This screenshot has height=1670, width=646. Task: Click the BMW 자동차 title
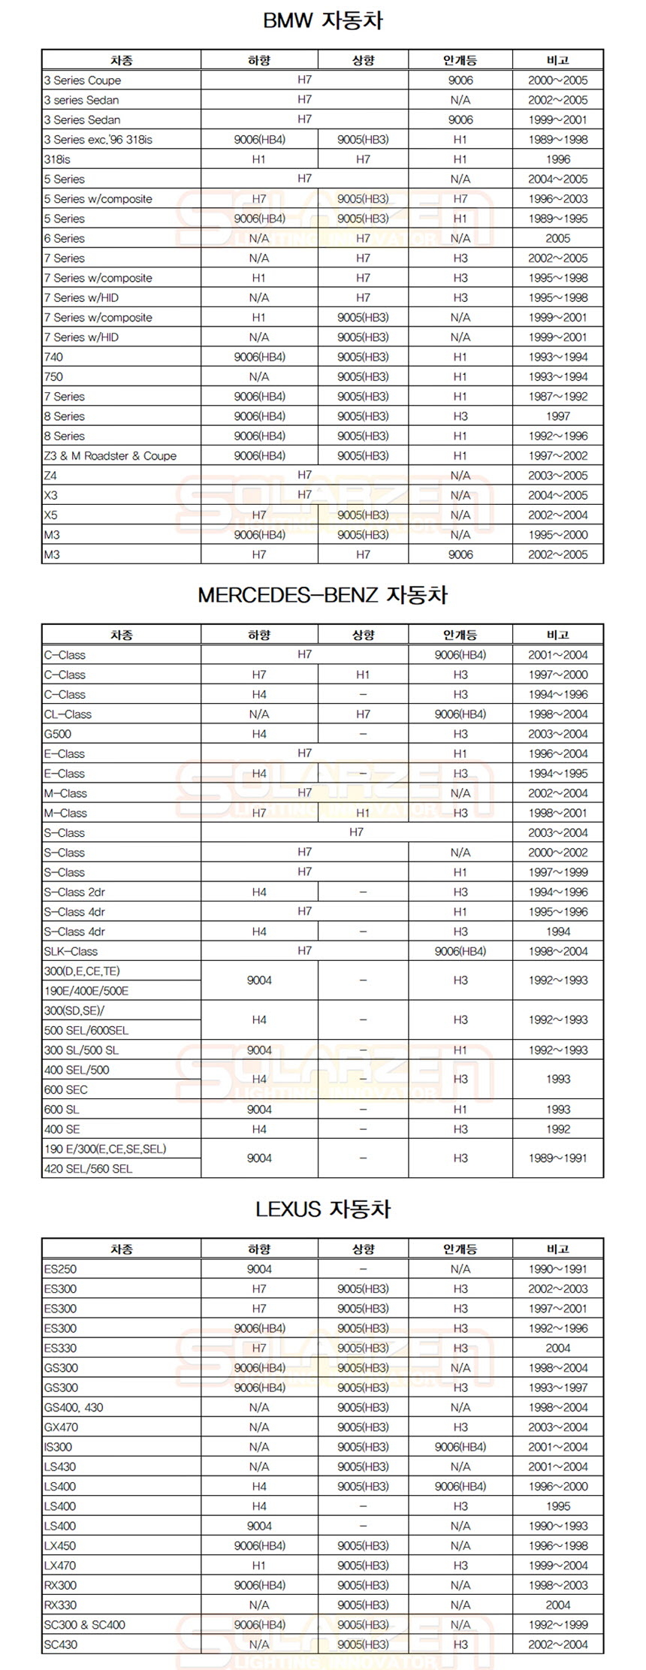pyautogui.click(x=323, y=21)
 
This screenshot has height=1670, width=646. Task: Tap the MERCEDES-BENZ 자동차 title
pyautogui.click(x=323, y=595)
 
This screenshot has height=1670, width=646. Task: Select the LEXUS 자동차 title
pyautogui.click(x=323, y=1209)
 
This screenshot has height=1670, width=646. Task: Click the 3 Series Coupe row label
pyautogui.click(x=82, y=80)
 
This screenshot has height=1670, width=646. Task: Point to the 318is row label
pyautogui.click(x=57, y=159)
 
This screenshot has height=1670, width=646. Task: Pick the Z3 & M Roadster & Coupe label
pyautogui.click(x=110, y=456)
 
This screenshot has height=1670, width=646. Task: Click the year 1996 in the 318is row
pyautogui.click(x=557, y=159)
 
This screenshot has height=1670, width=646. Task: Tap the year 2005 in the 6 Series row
pyautogui.click(x=557, y=238)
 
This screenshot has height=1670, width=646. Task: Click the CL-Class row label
pyautogui.click(x=68, y=714)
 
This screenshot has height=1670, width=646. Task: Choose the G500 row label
pyautogui.click(x=58, y=734)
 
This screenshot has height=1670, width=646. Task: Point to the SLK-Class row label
pyautogui.click(x=71, y=951)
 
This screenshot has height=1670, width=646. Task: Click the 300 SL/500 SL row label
pyautogui.click(x=81, y=1050)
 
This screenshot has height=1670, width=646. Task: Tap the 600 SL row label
pyautogui.click(x=62, y=1110)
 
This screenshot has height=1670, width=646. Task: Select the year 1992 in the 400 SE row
pyautogui.click(x=557, y=1129)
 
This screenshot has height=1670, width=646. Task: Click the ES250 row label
pyautogui.click(x=60, y=1269)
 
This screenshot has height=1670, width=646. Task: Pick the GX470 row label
pyautogui.click(x=61, y=1427)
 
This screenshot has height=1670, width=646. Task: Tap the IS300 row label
pyautogui.click(x=58, y=1447)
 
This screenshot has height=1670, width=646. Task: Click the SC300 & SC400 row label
pyautogui.click(x=84, y=1624)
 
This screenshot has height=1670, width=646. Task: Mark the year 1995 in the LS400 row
pyautogui.click(x=557, y=1506)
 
